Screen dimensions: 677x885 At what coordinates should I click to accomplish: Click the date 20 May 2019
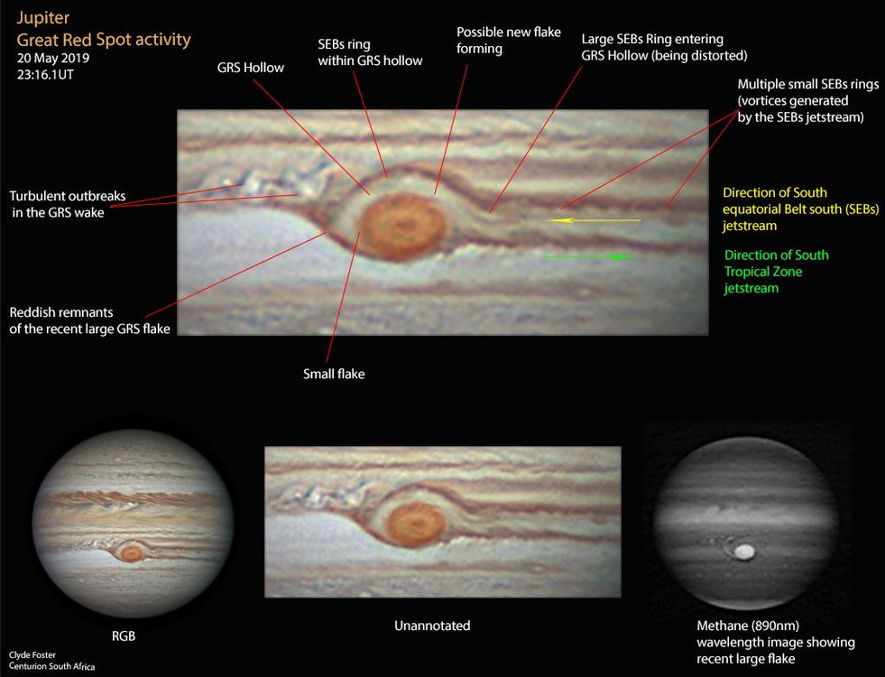[x=53, y=59]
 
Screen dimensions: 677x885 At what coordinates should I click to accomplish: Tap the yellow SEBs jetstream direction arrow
[x=595, y=219]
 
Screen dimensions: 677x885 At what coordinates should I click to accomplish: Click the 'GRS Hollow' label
[x=251, y=67]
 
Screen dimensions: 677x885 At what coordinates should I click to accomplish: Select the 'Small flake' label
[x=334, y=373]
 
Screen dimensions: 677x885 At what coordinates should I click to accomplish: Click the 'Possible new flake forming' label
[x=508, y=40]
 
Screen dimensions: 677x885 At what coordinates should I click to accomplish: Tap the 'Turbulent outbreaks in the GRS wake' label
[x=68, y=203]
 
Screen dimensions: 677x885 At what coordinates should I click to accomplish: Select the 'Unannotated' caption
[x=432, y=625]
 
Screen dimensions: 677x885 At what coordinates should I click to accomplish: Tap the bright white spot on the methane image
[x=745, y=550]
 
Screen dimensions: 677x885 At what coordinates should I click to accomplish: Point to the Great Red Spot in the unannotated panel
[x=417, y=524]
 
